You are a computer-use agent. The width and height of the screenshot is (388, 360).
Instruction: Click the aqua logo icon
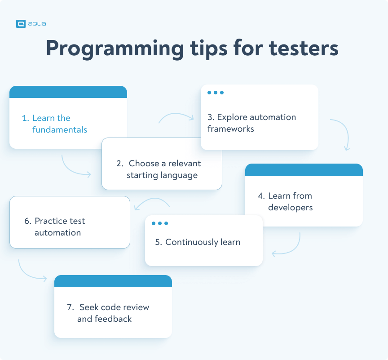(21, 24)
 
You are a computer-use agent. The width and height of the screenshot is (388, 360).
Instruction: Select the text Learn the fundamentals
(55, 124)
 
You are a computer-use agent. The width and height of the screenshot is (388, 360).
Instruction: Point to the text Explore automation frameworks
(251, 123)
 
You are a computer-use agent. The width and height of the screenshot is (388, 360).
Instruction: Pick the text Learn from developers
(290, 202)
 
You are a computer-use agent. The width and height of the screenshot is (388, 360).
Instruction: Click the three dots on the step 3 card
(216, 93)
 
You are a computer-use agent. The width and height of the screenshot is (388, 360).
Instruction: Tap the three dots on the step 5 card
(160, 223)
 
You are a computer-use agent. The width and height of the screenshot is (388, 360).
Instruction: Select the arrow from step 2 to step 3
(176, 117)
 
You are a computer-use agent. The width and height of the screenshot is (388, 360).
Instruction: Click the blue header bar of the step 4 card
(304, 169)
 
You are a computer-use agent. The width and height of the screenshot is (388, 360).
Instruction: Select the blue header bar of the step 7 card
(113, 281)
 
